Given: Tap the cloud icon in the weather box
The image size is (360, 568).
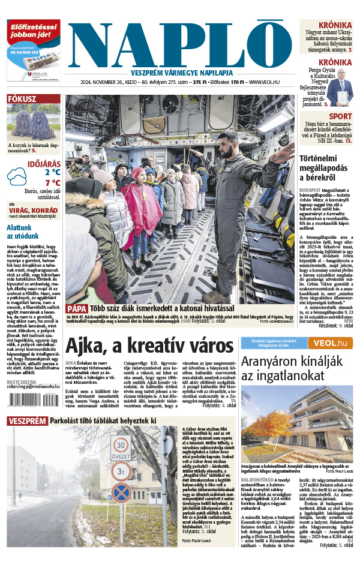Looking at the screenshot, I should click(x=17, y=177).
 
